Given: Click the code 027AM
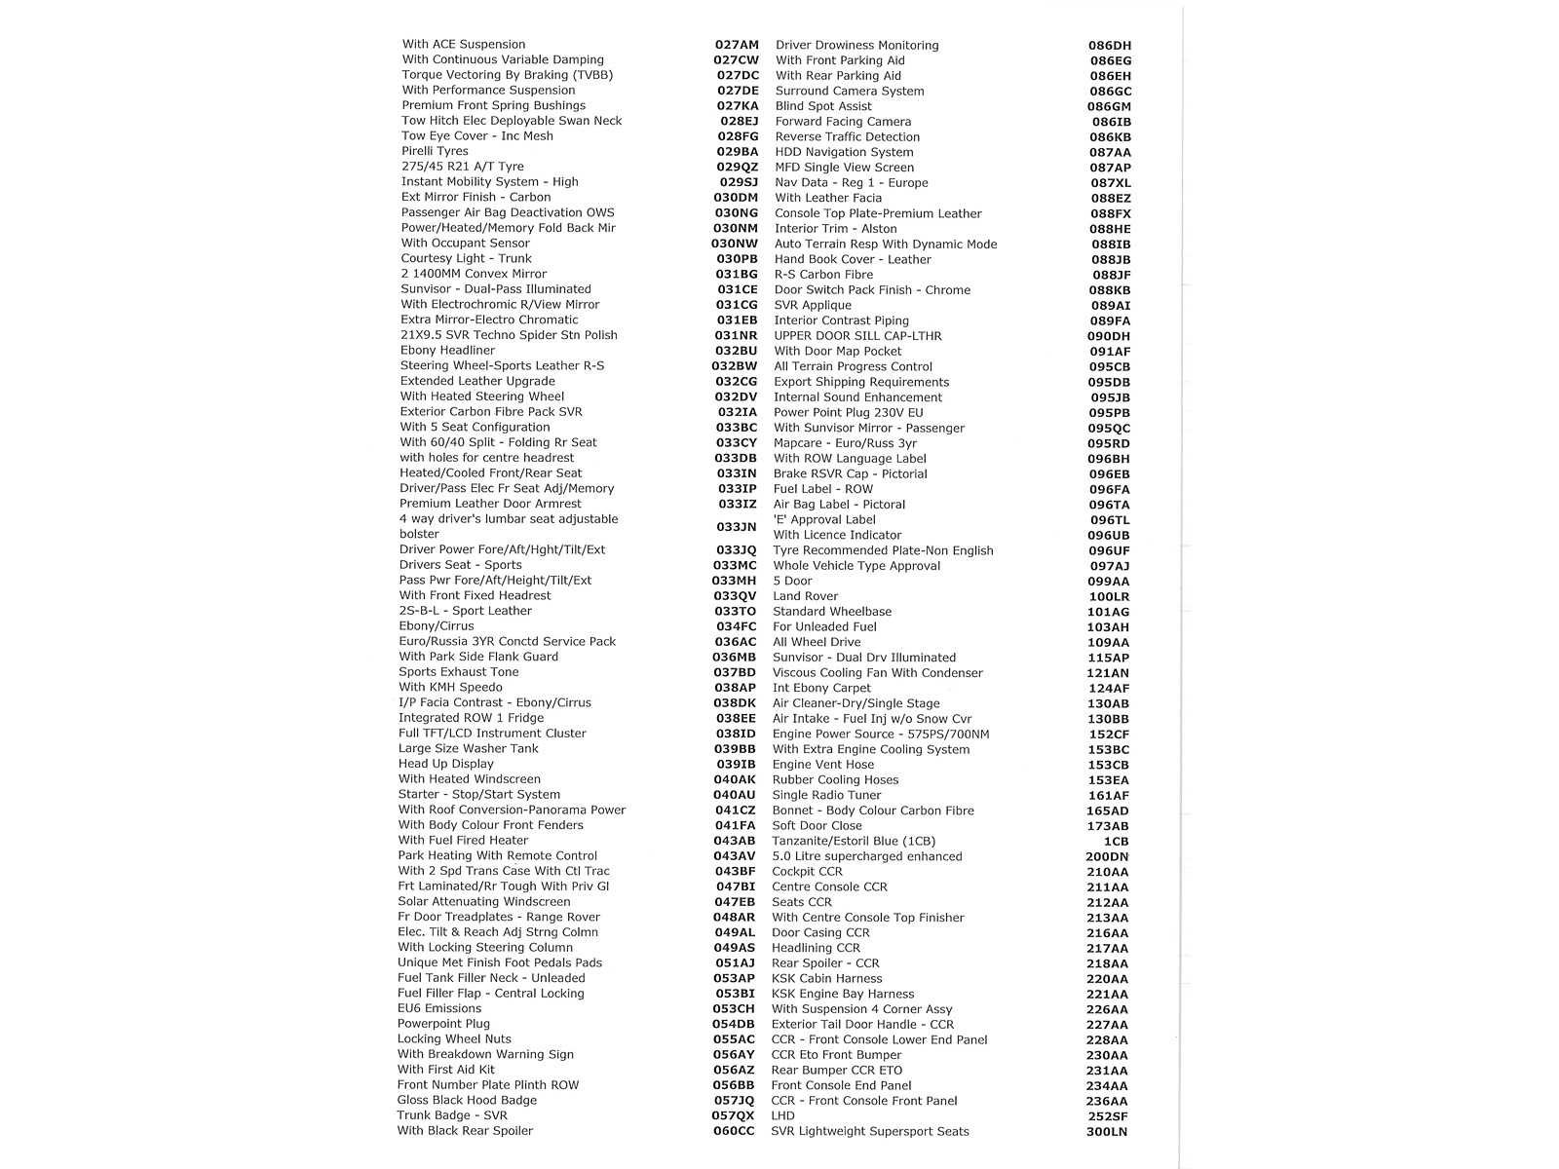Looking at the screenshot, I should (736, 45).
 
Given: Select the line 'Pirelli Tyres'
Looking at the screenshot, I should (435, 151).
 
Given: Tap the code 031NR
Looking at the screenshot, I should (736, 335).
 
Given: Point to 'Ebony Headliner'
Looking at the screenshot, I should (447, 351).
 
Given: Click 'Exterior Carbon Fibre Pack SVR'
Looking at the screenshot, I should (491, 411).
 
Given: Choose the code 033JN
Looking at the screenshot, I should (736, 527).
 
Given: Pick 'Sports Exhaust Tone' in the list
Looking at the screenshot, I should (459, 671).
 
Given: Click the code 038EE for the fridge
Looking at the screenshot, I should (736, 718).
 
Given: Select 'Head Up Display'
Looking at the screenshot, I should (446, 764).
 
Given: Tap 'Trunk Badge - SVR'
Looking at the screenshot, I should (452, 1115).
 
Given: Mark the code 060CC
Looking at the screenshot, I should (734, 1131).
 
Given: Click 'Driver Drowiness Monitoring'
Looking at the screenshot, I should (857, 45).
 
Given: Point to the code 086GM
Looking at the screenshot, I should (1110, 106).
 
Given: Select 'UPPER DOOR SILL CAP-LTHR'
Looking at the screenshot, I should (857, 336).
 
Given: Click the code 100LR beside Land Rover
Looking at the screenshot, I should (1109, 596).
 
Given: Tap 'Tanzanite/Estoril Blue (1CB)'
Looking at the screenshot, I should (854, 841).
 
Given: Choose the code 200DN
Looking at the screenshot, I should (1107, 856).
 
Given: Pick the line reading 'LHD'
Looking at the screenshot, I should (782, 1115).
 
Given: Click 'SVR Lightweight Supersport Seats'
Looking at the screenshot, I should (870, 1131).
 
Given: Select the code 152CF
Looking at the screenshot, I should (1109, 734).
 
